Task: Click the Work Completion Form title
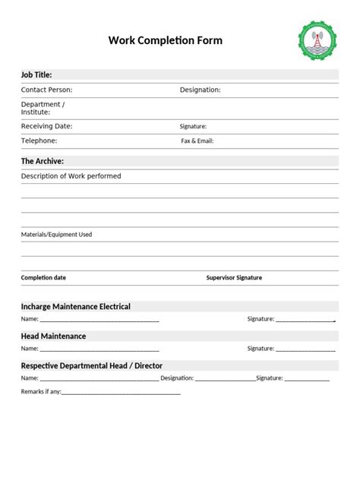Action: click(x=166, y=40)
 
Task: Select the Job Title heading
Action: click(x=36, y=75)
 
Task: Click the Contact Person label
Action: click(x=47, y=90)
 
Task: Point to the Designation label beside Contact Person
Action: click(x=201, y=90)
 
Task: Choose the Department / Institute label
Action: click(x=43, y=108)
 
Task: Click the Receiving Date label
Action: click(x=47, y=126)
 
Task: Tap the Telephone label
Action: click(x=39, y=141)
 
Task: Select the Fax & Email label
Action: click(x=197, y=141)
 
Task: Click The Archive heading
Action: click(x=43, y=161)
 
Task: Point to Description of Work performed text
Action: click(x=71, y=176)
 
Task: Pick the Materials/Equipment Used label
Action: click(x=56, y=235)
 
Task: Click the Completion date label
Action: click(x=43, y=278)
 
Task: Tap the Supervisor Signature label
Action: click(x=234, y=278)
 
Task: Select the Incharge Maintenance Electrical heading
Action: click(x=76, y=307)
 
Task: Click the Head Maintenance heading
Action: click(x=53, y=336)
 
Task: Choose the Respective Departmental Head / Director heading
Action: click(x=92, y=365)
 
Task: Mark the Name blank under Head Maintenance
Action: click(x=99, y=349)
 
